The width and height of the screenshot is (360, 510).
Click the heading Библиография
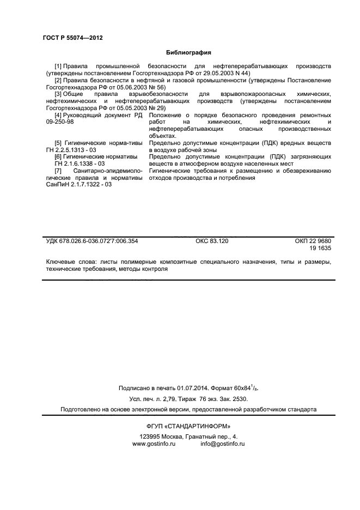coord(188,53)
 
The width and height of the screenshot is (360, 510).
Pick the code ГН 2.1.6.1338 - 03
coord(80,163)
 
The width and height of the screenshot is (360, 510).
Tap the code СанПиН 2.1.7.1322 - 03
coord(78,185)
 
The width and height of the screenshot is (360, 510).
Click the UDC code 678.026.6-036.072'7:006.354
coord(100,241)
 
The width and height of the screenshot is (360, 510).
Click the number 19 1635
coord(320,248)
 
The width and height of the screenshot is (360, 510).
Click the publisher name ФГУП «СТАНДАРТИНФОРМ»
coord(188,426)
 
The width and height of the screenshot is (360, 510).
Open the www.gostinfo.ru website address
coord(154,444)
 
